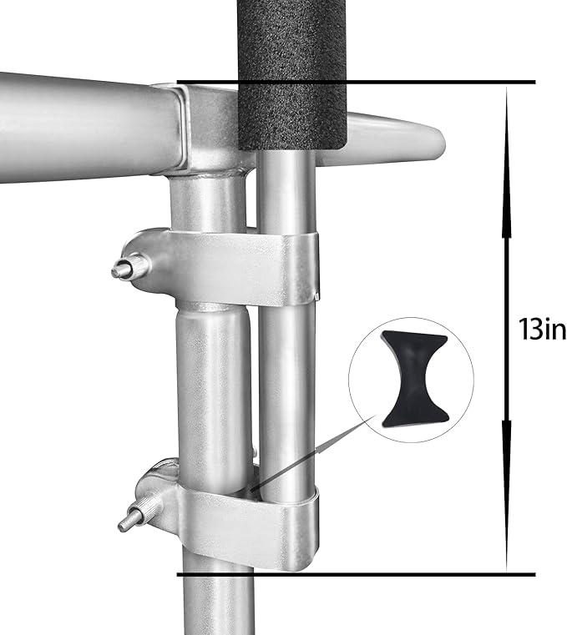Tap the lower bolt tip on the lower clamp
[126, 523]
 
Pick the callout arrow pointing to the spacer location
[309, 455]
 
